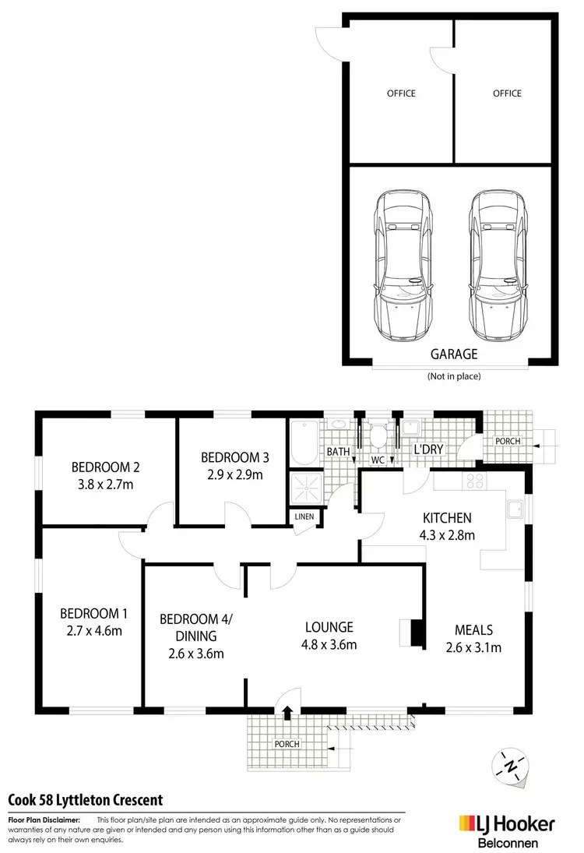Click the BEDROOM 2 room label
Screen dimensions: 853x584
105,467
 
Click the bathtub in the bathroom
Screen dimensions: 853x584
302,442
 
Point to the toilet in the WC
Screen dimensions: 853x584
378,436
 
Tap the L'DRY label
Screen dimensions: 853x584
427,450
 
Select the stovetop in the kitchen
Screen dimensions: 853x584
473,482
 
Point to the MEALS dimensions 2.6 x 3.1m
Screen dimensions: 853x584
473,647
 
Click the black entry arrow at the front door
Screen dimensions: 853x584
287,710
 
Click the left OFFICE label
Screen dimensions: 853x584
401,93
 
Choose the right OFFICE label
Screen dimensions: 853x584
507,93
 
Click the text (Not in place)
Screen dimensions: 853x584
454,376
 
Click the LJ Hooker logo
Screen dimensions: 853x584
506,823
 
